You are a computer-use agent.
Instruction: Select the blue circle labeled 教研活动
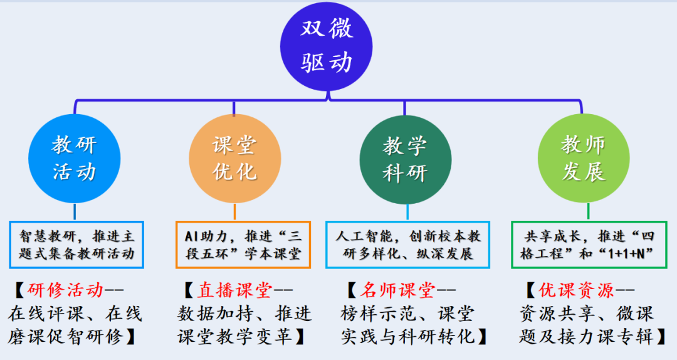click(74, 159)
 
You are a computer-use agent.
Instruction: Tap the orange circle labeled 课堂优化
click(234, 159)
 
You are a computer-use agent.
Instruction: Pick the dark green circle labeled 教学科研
click(404, 159)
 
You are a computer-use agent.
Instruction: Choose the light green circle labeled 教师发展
click(583, 159)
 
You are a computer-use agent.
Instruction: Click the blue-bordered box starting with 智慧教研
click(77, 245)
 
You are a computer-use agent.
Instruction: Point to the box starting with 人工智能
click(408, 245)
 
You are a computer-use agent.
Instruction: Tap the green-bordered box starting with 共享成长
click(583, 245)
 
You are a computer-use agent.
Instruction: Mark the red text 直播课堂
click(234, 290)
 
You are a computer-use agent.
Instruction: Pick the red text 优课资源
click(577, 290)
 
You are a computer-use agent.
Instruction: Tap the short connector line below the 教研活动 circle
click(74, 211)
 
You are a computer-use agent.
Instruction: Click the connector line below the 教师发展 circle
click(584, 211)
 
